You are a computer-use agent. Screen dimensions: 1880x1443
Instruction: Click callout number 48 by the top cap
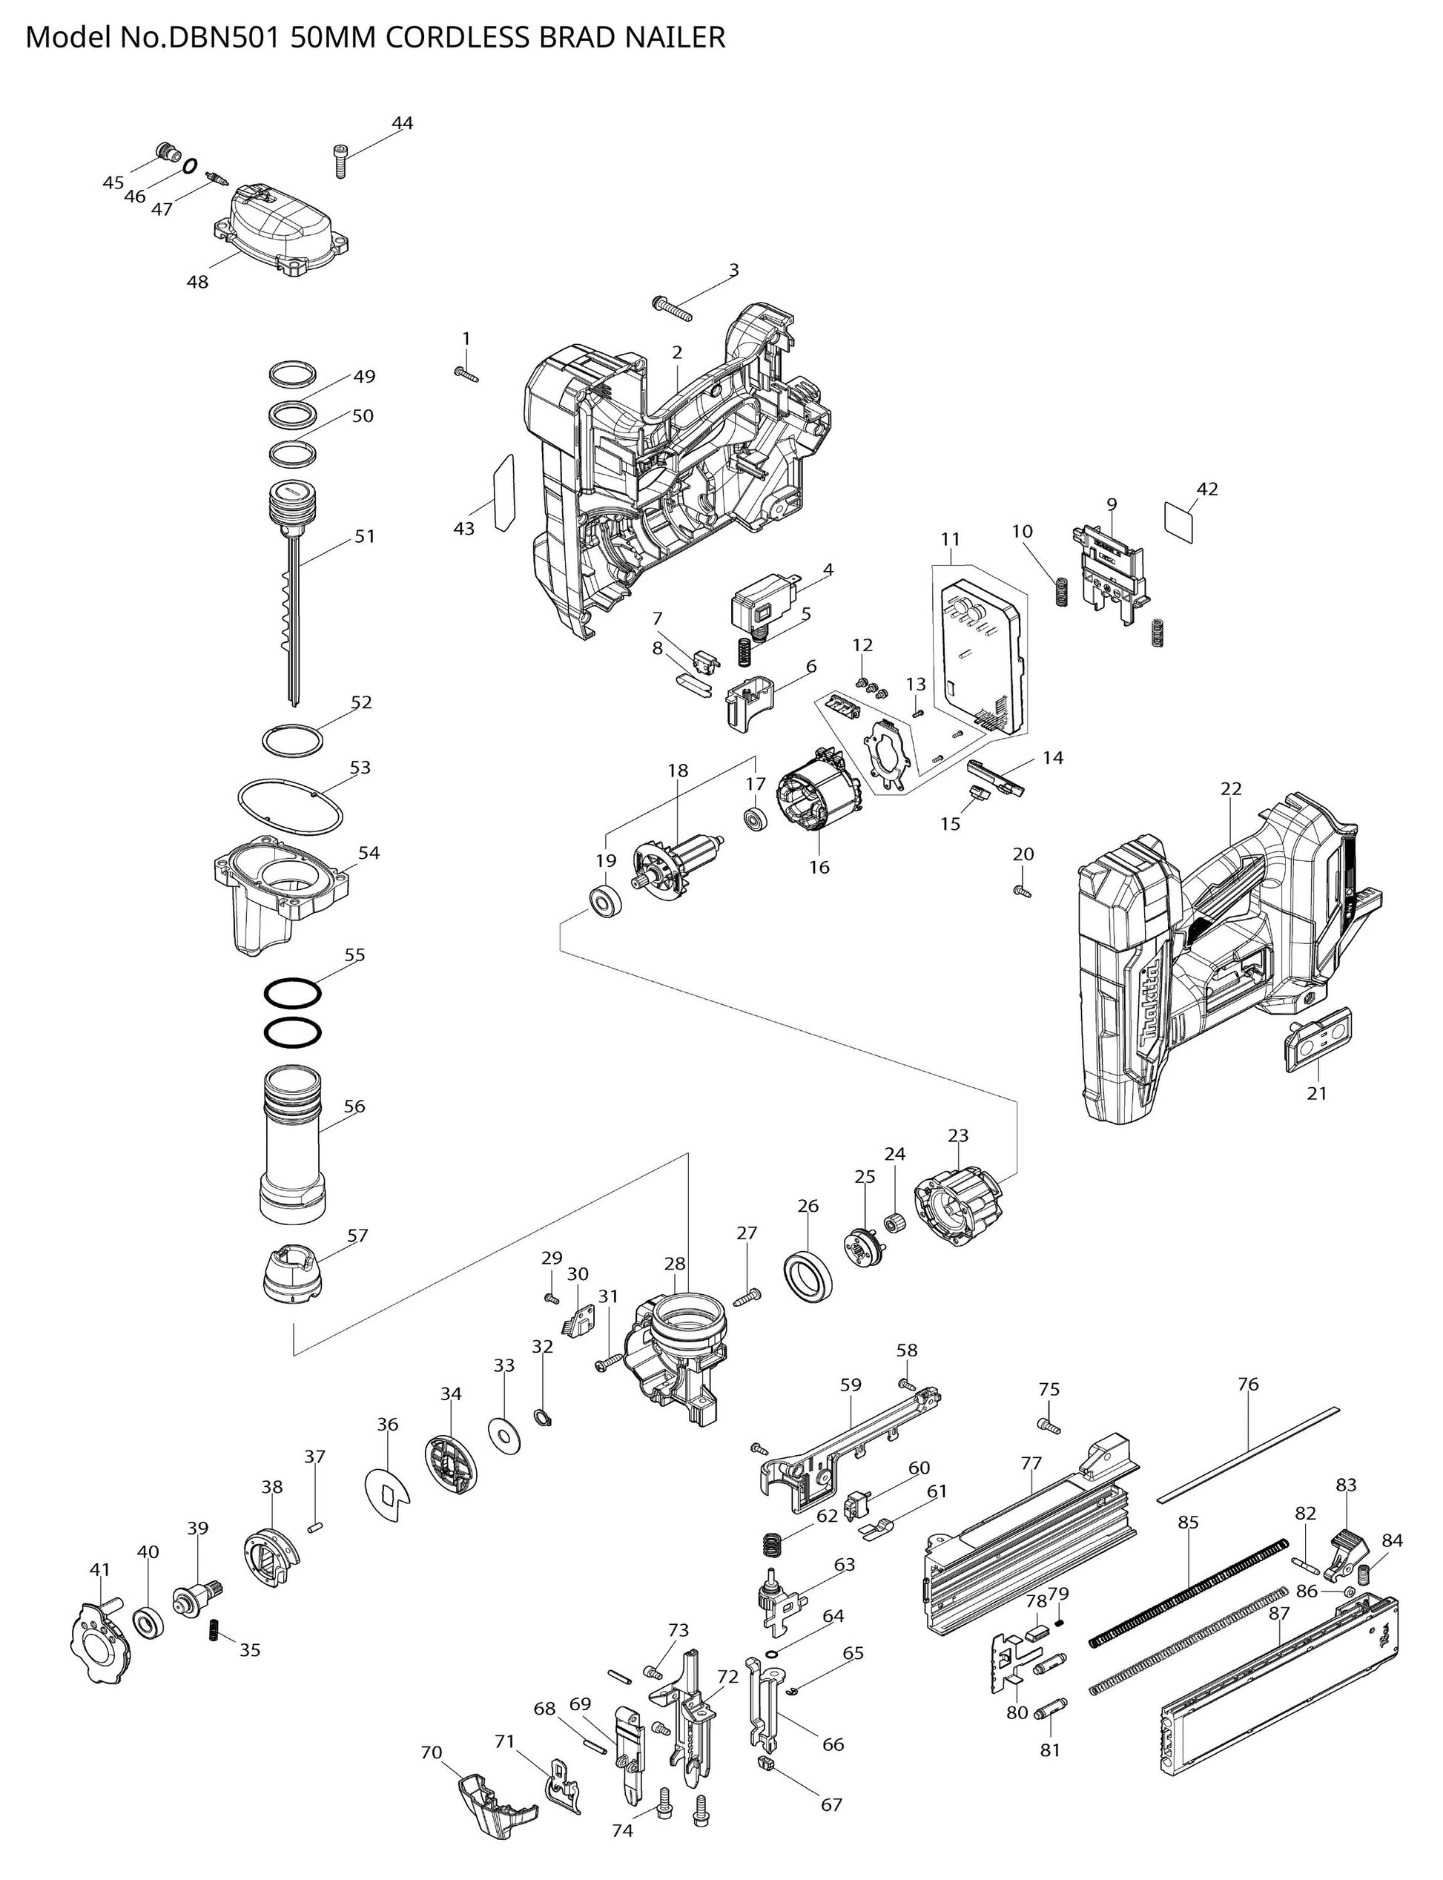197,282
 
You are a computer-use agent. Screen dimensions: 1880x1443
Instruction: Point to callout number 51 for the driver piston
365,536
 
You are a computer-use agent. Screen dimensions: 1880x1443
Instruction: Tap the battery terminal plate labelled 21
1318,1043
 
